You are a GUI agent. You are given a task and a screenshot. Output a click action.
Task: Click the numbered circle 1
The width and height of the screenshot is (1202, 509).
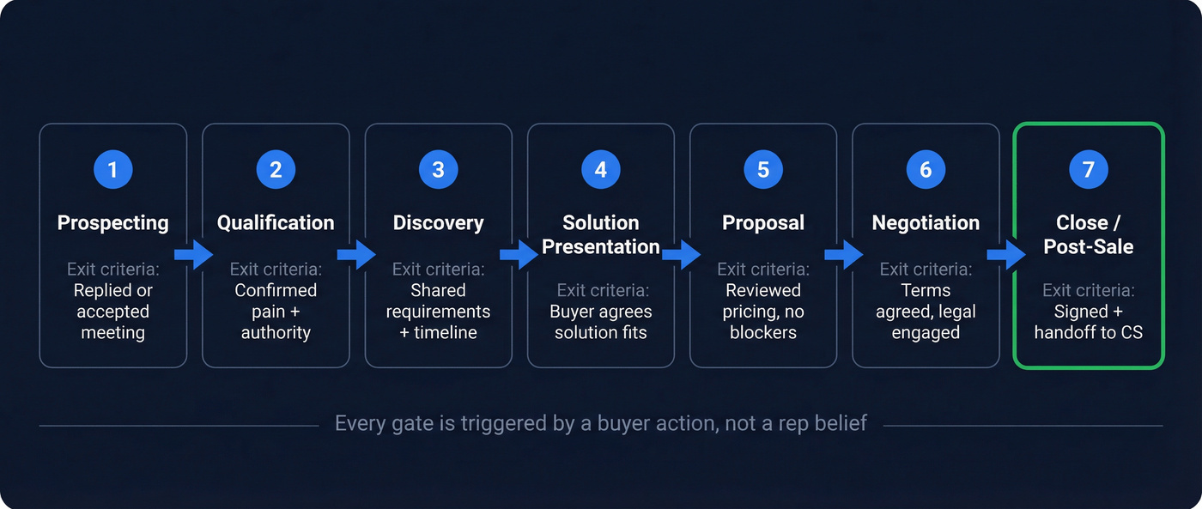(112, 170)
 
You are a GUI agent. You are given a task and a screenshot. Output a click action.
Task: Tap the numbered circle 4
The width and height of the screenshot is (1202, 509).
(600, 170)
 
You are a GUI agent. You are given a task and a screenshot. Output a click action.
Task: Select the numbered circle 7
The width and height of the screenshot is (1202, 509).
(1088, 170)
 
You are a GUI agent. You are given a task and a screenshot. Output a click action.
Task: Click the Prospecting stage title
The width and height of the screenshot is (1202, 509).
(112, 223)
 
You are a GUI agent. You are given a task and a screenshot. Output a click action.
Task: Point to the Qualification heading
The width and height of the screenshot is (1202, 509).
(276, 223)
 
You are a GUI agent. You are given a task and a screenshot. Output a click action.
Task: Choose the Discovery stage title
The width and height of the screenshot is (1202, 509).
(438, 223)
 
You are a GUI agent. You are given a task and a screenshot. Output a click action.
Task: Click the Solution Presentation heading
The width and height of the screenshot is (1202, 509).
(600, 234)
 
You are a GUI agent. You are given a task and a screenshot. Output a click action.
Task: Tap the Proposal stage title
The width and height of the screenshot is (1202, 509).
(763, 223)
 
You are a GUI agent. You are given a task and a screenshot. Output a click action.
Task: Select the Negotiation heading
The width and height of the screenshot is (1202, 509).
(926, 223)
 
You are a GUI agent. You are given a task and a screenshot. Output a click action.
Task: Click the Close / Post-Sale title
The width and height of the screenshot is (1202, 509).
(1088, 234)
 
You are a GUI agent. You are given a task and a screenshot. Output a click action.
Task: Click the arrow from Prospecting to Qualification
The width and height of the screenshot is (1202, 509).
(193, 255)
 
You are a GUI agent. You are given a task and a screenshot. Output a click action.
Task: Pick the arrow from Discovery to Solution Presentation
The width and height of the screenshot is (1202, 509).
(519, 255)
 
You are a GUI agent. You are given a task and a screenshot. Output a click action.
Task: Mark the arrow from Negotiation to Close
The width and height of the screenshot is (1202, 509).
(1006, 255)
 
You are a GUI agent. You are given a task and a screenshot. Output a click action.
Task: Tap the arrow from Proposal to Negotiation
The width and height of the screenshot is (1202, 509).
(844, 255)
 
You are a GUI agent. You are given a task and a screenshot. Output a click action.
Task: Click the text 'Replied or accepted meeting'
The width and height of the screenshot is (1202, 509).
(112, 312)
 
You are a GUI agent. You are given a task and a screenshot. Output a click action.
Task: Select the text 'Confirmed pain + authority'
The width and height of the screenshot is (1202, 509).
(276, 312)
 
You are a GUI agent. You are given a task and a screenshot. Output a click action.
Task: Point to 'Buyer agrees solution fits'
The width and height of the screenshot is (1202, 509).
(600, 322)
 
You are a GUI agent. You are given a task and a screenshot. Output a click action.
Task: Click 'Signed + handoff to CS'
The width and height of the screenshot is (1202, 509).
(1088, 322)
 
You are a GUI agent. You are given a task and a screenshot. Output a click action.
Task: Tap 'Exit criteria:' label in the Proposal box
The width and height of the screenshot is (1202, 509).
(763, 270)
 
